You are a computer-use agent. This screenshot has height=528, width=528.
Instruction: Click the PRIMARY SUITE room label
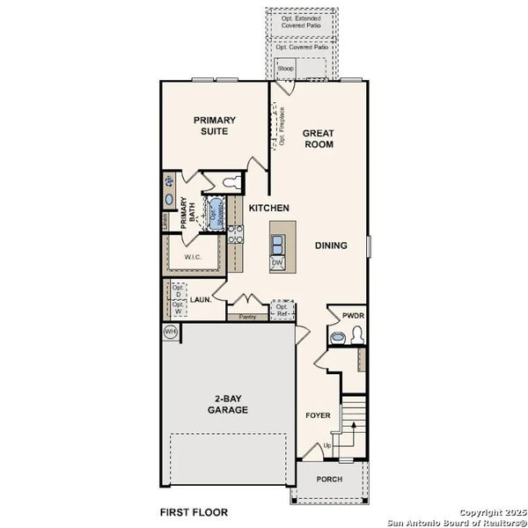click(x=213, y=125)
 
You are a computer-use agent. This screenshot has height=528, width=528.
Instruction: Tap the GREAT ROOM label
click(x=318, y=138)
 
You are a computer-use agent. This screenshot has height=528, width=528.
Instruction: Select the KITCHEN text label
click(x=268, y=208)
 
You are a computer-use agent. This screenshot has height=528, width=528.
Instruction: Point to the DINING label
click(x=331, y=246)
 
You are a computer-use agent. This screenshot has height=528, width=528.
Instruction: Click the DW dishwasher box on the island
click(x=277, y=262)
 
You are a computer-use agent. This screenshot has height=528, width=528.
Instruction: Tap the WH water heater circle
click(x=170, y=332)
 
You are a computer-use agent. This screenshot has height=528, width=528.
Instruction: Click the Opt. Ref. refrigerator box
click(x=282, y=311)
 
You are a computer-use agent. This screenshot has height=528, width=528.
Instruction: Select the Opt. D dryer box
click(x=178, y=291)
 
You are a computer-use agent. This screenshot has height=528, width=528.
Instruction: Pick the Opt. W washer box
click(x=178, y=307)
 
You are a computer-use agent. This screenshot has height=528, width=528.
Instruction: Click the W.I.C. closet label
click(x=194, y=257)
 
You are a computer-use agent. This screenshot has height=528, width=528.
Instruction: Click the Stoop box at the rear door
click(x=286, y=67)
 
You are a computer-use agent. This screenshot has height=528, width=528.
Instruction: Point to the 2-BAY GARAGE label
click(x=225, y=404)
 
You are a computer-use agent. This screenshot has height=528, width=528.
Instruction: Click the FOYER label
click(x=317, y=414)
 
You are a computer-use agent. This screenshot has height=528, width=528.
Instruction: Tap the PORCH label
click(x=329, y=480)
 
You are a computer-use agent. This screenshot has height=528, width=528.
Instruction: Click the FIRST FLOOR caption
click(x=193, y=511)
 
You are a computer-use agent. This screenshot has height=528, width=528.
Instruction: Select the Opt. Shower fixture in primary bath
click(x=214, y=210)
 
